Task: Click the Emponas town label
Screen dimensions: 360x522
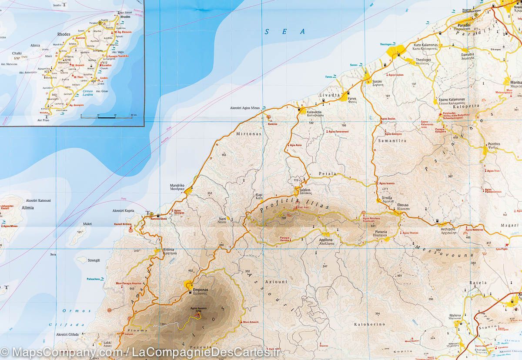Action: [201, 290]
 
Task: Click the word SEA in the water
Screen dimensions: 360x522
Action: [285, 31]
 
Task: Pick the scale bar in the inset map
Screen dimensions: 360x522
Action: [106, 117]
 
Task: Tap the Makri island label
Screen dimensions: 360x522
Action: [87, 224]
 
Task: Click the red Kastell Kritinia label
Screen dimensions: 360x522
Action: [122, 223]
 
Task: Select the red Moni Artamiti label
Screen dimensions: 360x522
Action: [251, 322]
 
